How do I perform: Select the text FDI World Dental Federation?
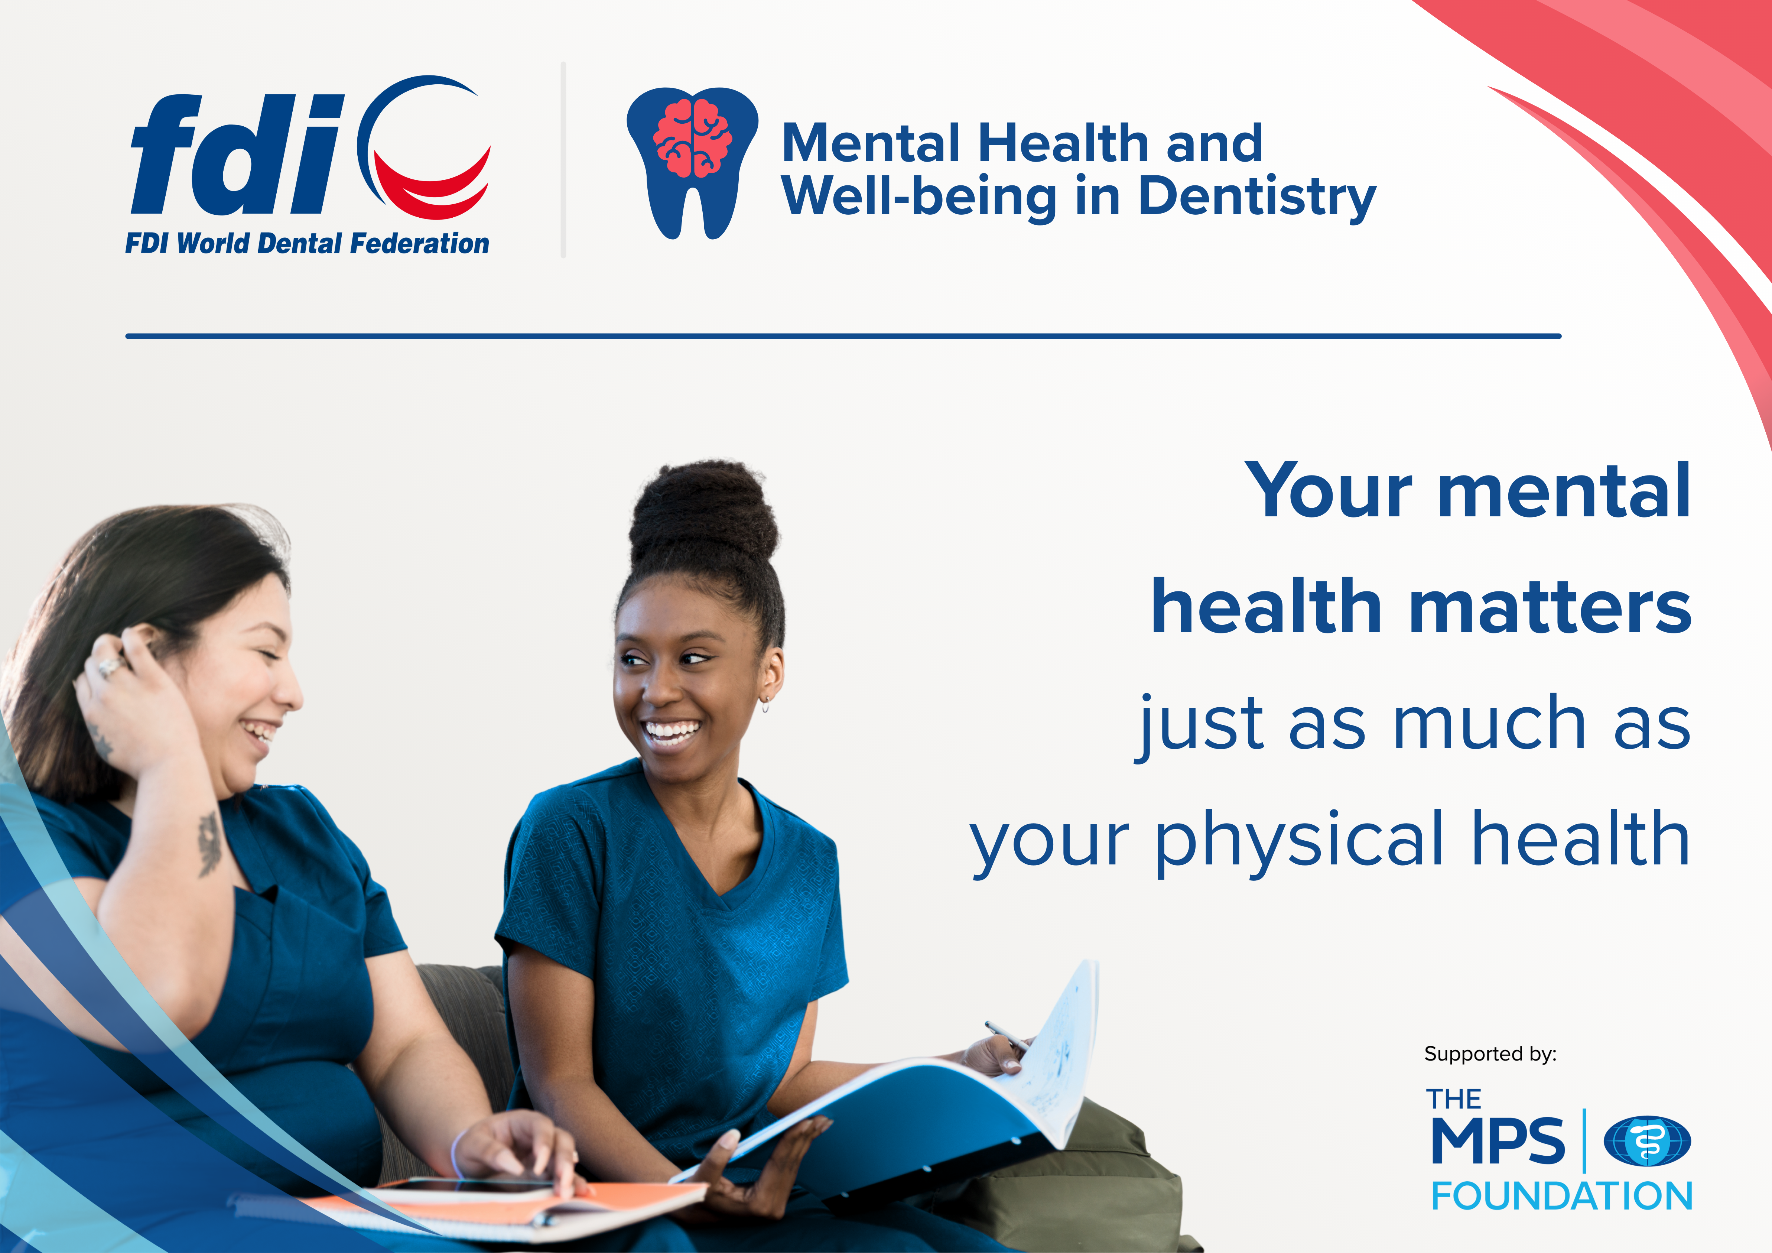[x=307, y=243]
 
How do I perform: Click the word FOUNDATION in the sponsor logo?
[x=1562, y=1196]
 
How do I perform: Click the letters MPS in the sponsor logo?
[x=1497, y=1140]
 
